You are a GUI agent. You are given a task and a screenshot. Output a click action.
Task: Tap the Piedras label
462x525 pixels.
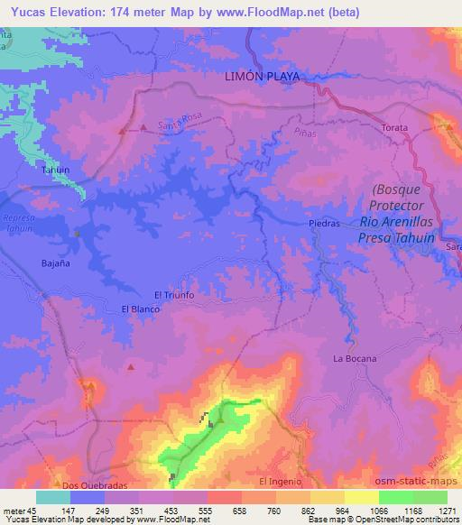coord(323,223)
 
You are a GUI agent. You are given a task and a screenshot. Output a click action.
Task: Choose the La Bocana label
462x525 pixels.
coord(353,358)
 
